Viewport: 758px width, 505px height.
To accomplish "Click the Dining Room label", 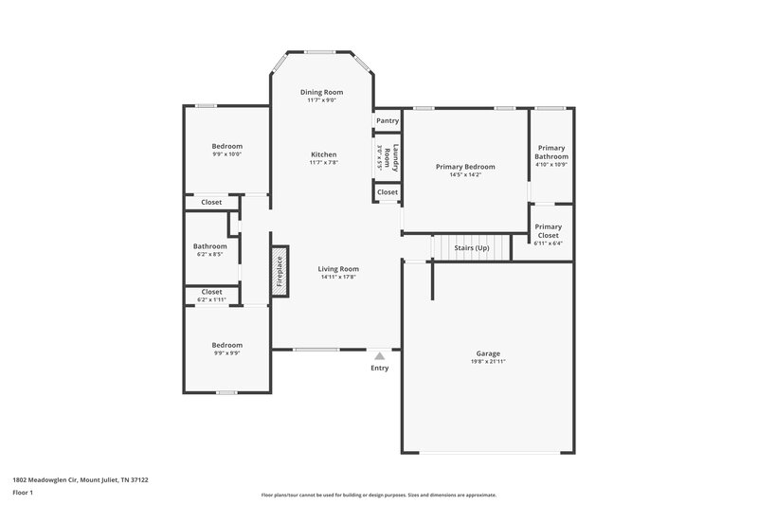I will (x=322, y=92).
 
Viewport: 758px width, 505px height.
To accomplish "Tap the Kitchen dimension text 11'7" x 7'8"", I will (x=323, y=163).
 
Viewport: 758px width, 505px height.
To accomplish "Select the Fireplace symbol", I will (x=280, y=272).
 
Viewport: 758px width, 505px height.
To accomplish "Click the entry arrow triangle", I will (x=379, y=355).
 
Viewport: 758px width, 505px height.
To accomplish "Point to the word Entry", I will (x=379, y=368).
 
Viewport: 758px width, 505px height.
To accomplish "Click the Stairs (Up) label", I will (x=472, y=247).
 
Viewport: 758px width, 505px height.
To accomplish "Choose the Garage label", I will (x=488, y=354).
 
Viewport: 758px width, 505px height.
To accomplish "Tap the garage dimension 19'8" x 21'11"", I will (x=488, y=362).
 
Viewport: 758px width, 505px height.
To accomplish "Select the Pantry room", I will (x=387, y=121).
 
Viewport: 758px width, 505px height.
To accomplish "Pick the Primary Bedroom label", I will (x=465, y=167).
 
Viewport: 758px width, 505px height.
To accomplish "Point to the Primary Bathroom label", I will (x=550, y=152).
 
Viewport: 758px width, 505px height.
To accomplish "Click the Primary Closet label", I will (x=548, y=231).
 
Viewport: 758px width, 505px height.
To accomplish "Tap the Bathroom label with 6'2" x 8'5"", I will (x=209, y=246).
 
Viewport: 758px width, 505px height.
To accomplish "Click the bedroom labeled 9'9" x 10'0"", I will (x=226, y=146).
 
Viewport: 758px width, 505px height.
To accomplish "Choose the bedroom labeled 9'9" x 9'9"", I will (x=226, y=345).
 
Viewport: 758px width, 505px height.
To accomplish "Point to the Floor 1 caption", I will (x=23, y=493).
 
